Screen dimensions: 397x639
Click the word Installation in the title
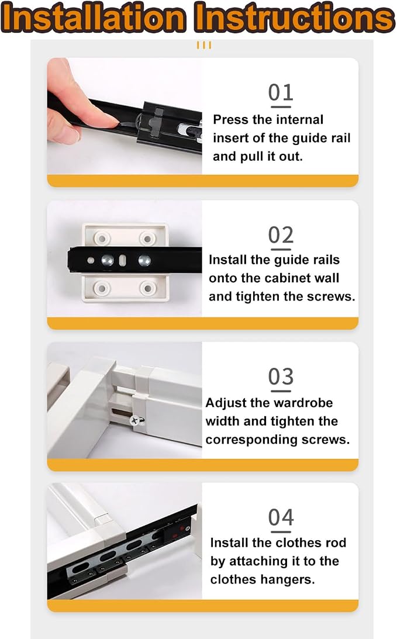click(94, 18)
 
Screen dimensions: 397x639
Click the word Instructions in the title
click(293, 18)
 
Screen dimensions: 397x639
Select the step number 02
click(281, 235)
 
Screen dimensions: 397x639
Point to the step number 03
click(281, 377)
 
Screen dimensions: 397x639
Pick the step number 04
click(281, 517)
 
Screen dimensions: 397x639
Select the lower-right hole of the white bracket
click(147, 288)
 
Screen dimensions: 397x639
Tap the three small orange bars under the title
click(204, 45)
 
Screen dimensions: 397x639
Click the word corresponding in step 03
click(251, 440)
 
